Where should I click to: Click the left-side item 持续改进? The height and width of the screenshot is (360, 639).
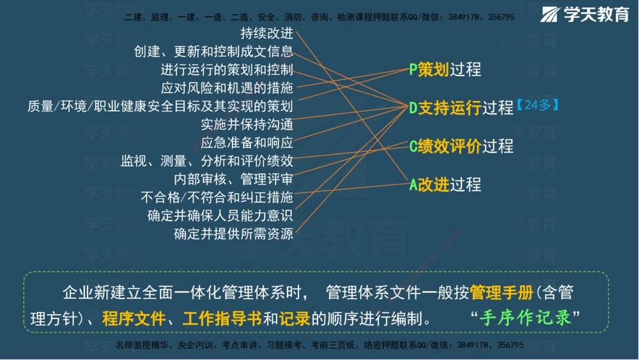[266, 33]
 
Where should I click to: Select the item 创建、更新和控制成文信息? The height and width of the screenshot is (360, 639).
[213, 51]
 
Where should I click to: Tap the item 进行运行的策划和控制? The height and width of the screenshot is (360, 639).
[227, 70]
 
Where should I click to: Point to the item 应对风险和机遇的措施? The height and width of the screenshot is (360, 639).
[227, 88]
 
